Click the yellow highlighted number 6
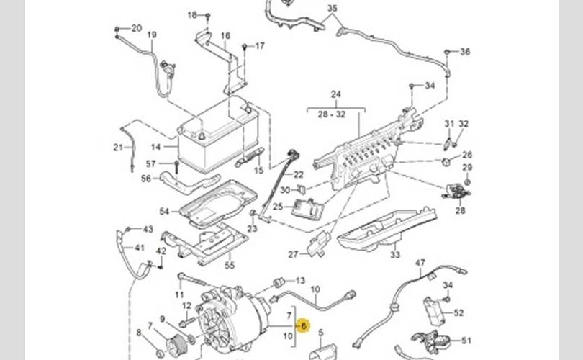coord(304,325)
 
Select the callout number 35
coord(332,8)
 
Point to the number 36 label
coord(465,52)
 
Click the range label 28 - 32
coord(332,114)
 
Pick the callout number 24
coord(335,94)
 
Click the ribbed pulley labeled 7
coord(176,344)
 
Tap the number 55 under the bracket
coord(230,266)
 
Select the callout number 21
coord(118,148)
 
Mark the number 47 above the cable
coord(420,263)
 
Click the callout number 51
coord(466,341)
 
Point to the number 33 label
coord(395,255)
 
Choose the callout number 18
coord(192,15)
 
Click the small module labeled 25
coord(307,209)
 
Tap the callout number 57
coord(150,163)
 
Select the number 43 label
coord(148,229)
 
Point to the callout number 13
coord(300,280)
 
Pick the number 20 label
coord(137,28)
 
